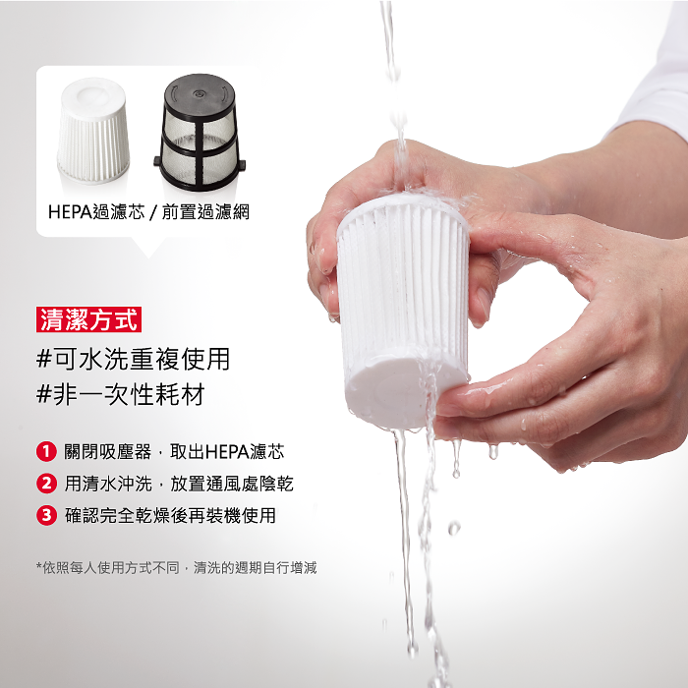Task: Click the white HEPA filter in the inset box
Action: [x=93, y=131]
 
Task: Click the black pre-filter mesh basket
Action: [x=200, y=132]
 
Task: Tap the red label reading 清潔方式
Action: [x=88, y=319]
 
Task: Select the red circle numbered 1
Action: [x=46, y=451]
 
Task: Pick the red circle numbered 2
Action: [x=46, y=484]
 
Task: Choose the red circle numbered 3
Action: [x=46, y=515]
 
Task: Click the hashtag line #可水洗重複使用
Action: [x=133, y=359]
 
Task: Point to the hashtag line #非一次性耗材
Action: [x=121, y=393]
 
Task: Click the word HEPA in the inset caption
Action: [x=70, y=212]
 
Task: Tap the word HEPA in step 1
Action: [x=227, y=452]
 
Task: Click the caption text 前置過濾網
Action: [x=205, y=212]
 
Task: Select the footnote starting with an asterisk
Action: [x=176, y=568]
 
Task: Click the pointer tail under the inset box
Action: [x=149, y=247]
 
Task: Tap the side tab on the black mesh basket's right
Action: [x=241, y=165]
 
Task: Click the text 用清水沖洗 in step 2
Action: [x=108, y=484]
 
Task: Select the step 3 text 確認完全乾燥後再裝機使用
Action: [x=170, y=515]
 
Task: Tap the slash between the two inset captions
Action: [x=153, y=212]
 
